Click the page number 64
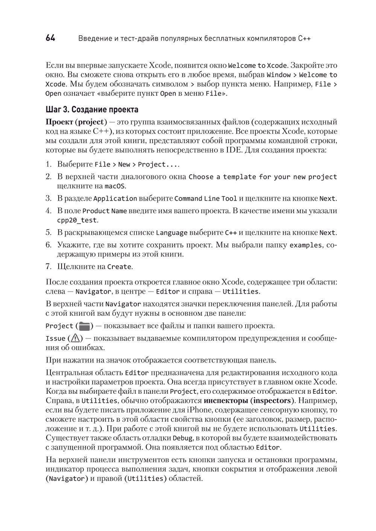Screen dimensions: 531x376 point(50,38)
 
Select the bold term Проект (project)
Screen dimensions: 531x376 point(74,122)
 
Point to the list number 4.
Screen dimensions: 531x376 point(49,211)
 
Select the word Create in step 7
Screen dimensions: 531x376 point(119,267)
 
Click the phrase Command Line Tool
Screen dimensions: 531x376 point(206,199)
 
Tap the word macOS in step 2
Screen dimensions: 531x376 point(115,186)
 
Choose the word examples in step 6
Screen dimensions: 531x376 point(305,245)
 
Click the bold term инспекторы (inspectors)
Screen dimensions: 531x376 point(249,400)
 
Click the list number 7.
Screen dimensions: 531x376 point(49,267)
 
